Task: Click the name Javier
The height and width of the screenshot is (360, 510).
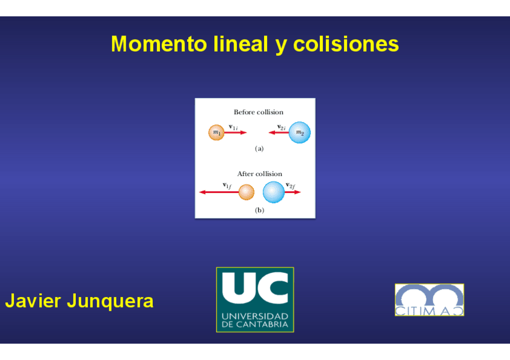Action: tap(32, 301)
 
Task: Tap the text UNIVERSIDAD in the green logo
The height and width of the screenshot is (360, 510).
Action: tap(255, 316)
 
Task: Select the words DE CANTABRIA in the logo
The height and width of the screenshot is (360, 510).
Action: tap(255, 325)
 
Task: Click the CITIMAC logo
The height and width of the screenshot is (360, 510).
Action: tap(429, 300)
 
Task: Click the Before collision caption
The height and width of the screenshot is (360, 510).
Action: tap(258, 112)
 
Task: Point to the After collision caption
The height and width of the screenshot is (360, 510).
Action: tap(259, 174)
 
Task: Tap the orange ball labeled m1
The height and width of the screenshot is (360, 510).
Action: tap(217, 132)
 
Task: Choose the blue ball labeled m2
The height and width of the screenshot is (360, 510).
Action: tap(300, 132)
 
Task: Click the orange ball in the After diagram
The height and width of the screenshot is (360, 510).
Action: tap(247, 192)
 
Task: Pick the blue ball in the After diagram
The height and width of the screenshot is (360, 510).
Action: tap(274, 192)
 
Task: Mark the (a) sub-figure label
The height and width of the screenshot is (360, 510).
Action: tap(259, 148)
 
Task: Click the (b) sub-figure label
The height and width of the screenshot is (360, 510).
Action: tap(259, 210)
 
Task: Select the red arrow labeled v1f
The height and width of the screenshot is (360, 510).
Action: tap(218, 192)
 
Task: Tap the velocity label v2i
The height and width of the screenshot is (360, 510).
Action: tap(281, 127)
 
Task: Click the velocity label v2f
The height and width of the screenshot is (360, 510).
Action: tap(290, 185)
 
